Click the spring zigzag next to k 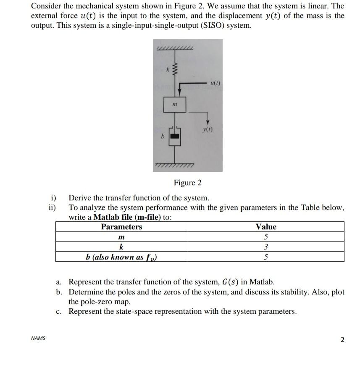(176, 69)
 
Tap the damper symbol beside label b (175, 137)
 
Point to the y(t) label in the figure (208, 130)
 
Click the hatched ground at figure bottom (175, 164)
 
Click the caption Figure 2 (187, 182)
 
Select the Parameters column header (121, 227)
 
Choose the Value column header (266, 227)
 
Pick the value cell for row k (266, 247)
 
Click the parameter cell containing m (121, 237)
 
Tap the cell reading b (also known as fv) (121, 257)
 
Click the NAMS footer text (38, 338)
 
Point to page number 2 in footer (342, 339)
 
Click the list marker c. (59, 312)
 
